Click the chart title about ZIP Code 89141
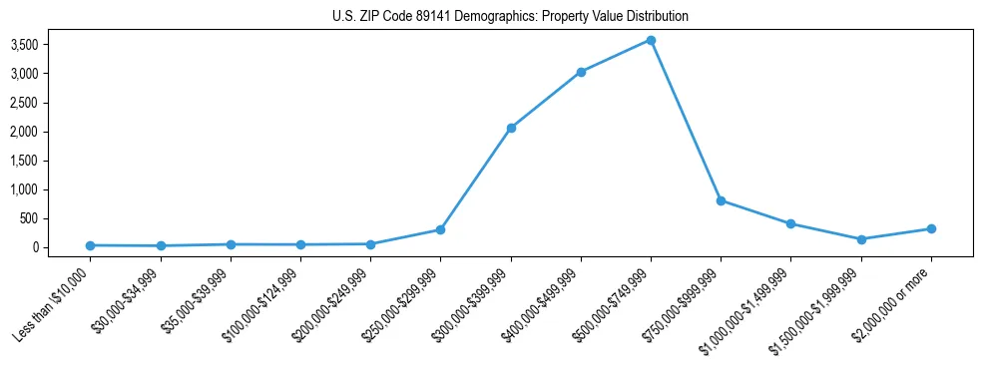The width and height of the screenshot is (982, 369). click(x=510, y=17)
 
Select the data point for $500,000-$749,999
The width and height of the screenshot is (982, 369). click(x=651, y=40)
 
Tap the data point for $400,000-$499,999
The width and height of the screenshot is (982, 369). click(x=581, y=72)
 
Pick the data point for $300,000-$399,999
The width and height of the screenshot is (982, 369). click(x=511, y=128)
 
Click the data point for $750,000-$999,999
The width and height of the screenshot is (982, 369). click(x=721, y=200)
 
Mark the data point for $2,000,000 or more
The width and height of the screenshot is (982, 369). click(x=931, y=228)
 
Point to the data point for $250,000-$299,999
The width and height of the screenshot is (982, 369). click(x=440, y=229)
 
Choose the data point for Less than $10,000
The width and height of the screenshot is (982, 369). click(x=91, y=245)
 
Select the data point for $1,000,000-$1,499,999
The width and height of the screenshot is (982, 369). click(x=790, y=223)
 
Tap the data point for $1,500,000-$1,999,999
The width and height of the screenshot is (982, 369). click(x=861, y=239)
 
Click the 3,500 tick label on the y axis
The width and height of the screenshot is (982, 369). click(x=53, y=45)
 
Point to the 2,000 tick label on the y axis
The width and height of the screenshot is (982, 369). click(x=53, y=132)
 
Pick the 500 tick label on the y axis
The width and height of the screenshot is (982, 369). click(x=59, y=218)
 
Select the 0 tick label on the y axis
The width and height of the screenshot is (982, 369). click(x=64, y=247)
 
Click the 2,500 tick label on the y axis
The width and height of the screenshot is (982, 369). click(x=53, y=103)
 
